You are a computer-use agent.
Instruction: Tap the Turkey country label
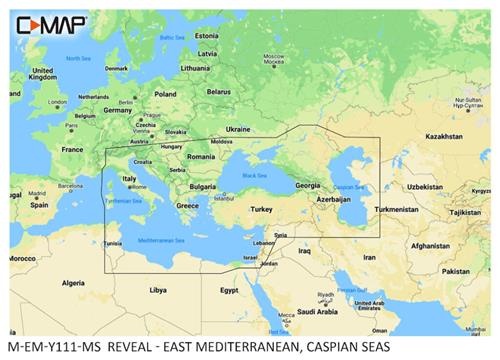(x=261, y=209)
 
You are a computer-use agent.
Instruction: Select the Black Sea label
(x=253, y=176)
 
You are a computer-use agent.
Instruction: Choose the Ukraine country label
(x=238, y=129)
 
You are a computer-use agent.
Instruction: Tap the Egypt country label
(x=229, y=290)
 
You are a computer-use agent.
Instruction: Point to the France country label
(x=72, y=148)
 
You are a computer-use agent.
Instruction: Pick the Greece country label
(x=187, y=206)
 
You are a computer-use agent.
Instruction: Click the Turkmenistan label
(x=396, y=209)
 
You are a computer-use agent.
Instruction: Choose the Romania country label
(x=200, y=157)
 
